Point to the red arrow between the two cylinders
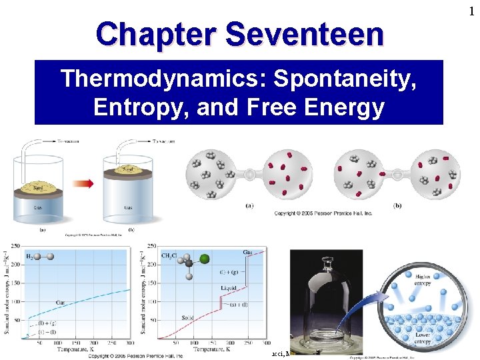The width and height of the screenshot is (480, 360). (x=83, y=183)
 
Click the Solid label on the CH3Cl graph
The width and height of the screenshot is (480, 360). (x=188, y=318)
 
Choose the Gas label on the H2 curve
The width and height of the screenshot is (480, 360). (x=60, y=303)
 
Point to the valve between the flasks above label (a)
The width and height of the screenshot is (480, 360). (x=249, y=174)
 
